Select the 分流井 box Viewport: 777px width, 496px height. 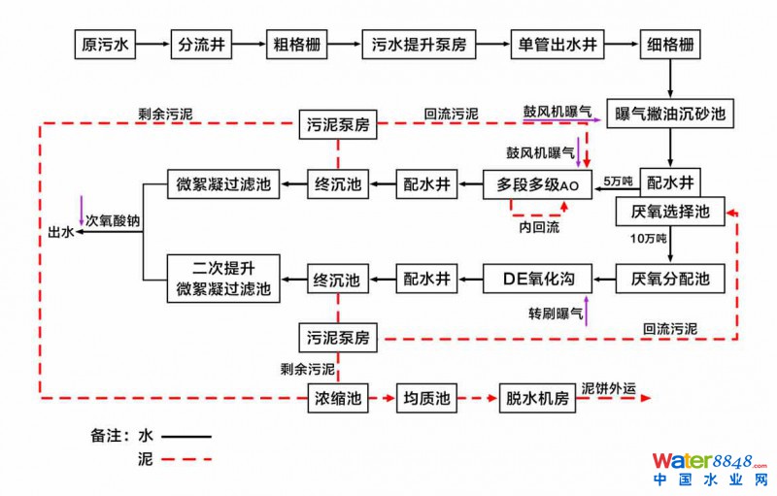202,46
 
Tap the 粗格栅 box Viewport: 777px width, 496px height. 296,46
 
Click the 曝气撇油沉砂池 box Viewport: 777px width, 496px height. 665,114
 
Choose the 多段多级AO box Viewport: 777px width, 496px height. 537,183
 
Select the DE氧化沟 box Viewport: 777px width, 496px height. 538,280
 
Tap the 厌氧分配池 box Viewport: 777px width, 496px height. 670,280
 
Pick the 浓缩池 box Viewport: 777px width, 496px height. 337,398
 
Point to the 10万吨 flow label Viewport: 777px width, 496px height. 648,239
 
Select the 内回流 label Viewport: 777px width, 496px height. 537,226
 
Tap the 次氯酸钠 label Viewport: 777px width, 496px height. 112,221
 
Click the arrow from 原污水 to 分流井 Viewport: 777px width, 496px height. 153,46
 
